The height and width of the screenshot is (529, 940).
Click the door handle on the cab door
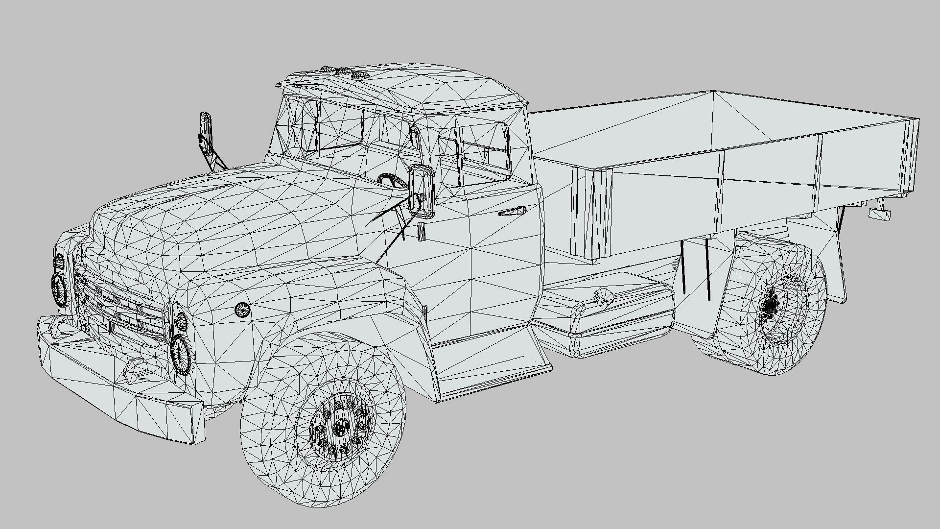tap(512, 212)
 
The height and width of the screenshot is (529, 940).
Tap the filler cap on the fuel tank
tap(603, 297)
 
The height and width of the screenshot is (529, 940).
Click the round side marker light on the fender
tap(243, 309)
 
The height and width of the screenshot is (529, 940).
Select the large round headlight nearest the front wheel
tap(181, 354)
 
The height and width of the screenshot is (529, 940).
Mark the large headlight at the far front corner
tap(59, 289)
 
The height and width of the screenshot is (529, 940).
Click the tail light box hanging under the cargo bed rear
tap(879, 214)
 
